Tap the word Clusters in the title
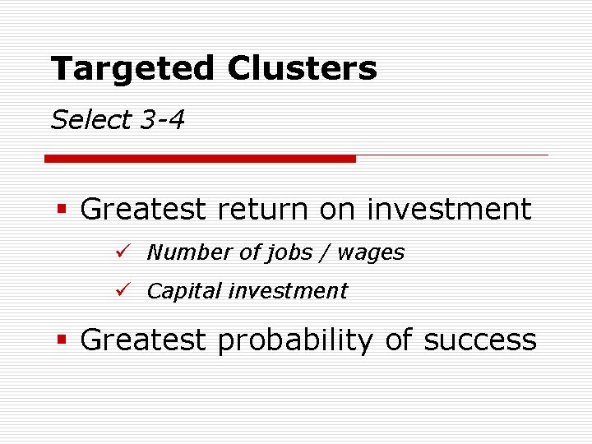click(x=302, y=68)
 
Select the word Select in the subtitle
click(x=90, y=121)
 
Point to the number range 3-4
click(x=162, y=121)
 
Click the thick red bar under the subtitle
click(x=200, y=158)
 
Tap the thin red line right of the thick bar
click(x=451, y=155)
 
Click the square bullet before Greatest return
click(x=61, y=210)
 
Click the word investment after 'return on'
click(x=449, y=210)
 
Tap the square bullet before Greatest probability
click(x=61, y=340)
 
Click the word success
click(x=479, y=340)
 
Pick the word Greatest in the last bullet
click(x=143, y=340)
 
